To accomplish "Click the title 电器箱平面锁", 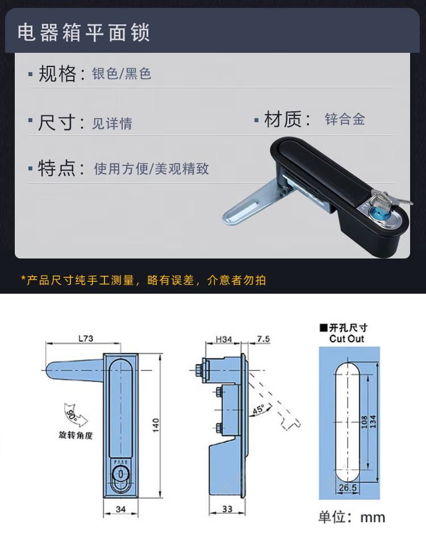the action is [83, 32].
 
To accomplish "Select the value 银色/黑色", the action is [122, 73].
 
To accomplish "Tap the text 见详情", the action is [112, 123].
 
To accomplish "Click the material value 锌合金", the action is [345, 119].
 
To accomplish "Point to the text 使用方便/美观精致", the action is [151, 169].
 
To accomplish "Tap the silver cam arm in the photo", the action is [256, 202].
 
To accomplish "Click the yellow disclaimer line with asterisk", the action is [143, 280].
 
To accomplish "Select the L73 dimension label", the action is [85, 338].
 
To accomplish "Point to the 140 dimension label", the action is [156, 425].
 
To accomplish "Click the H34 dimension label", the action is [224, 339].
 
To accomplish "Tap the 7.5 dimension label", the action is [263, 339].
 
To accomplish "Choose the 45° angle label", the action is [259, 410].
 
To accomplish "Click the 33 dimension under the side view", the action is [227, 509].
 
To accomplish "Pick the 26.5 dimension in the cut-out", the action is [348, 487].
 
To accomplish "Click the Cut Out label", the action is [346, 339].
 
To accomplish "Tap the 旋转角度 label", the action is [76, 435].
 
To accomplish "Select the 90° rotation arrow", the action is [75, 416].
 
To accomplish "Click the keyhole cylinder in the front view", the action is [121, 475].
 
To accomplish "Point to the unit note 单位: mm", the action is [352, 517].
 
